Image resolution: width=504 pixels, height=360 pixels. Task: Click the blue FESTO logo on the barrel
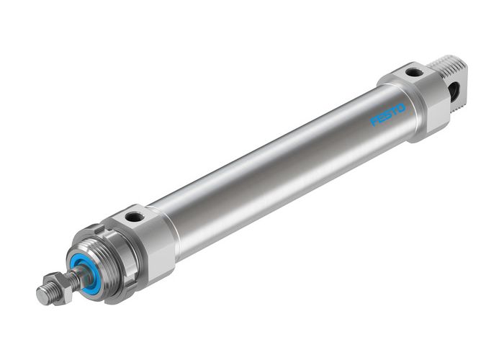[x=388, y=114]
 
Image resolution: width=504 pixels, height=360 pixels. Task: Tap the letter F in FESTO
[x=374, y=121]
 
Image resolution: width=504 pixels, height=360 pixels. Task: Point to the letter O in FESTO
[x=401, y=108]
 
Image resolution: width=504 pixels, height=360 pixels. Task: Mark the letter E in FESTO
[x=381, y=118]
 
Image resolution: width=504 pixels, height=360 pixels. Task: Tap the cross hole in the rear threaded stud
[x=454, y=90]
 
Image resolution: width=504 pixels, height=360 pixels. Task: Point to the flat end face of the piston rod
[x=41, y=296]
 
